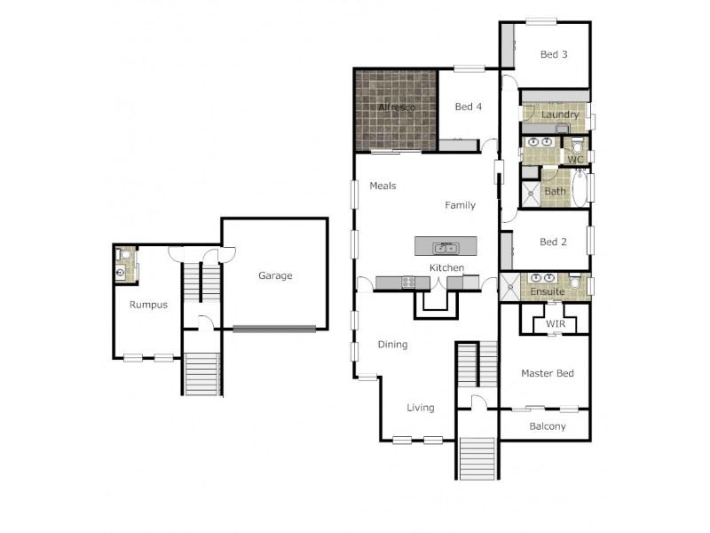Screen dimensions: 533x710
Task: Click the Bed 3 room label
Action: [x=554, y=55]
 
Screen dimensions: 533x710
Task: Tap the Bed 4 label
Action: [x=468, y=107]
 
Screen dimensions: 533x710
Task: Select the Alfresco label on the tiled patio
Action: [x=397, y=107]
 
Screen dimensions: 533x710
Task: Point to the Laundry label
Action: [x=560, y=115]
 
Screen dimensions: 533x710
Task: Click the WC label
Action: [x=576, y=160]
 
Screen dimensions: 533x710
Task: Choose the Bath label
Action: [x=555, y=192]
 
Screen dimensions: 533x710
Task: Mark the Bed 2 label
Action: [x=553, y=242]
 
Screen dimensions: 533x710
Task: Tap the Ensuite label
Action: [x=548, y=291]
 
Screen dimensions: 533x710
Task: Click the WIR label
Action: [x=556, y=323]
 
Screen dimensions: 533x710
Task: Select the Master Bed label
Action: [x=547, y=373]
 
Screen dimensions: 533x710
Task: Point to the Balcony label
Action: [x=548, y=426]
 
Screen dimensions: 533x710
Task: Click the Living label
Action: [x=421, y=409]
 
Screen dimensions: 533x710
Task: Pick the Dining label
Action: [x=392, y=345]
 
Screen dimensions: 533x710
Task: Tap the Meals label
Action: [x=383, y=187]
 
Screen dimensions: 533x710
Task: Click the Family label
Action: [x=460, y=205]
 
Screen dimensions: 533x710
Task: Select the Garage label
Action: [x=275, y=275]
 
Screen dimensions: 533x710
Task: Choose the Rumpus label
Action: [x=148, y=305]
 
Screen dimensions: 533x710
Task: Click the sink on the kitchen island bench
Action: [x=444, y=247]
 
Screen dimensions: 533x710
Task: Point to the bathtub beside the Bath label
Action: [x=580, y=188]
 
